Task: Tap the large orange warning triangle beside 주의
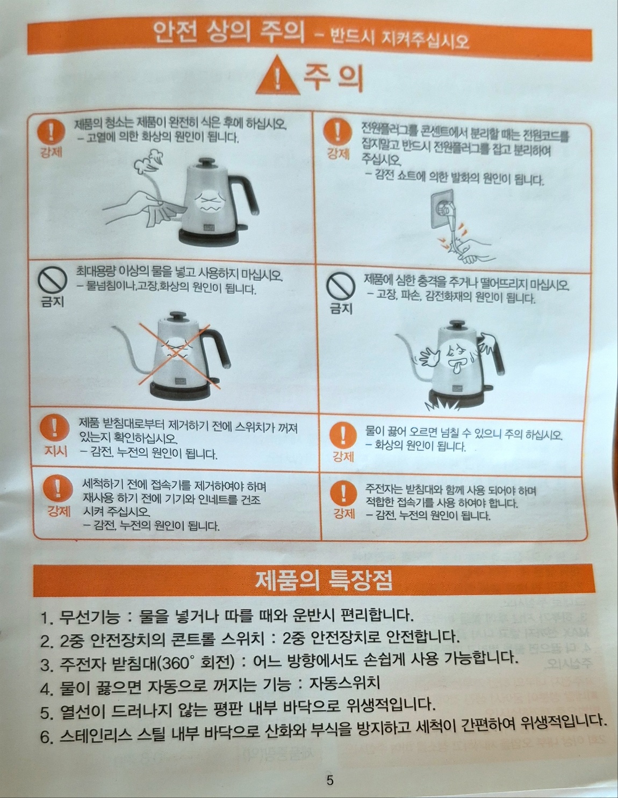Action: [x=278, y=77]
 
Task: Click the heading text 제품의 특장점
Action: [x=324, y=580]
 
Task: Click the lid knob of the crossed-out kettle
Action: [x=177, y=316]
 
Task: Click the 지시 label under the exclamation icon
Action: [x=56, y=451]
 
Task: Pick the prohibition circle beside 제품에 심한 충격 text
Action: [x=341, y=287]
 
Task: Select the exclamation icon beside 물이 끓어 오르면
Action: [x=343, y=435]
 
